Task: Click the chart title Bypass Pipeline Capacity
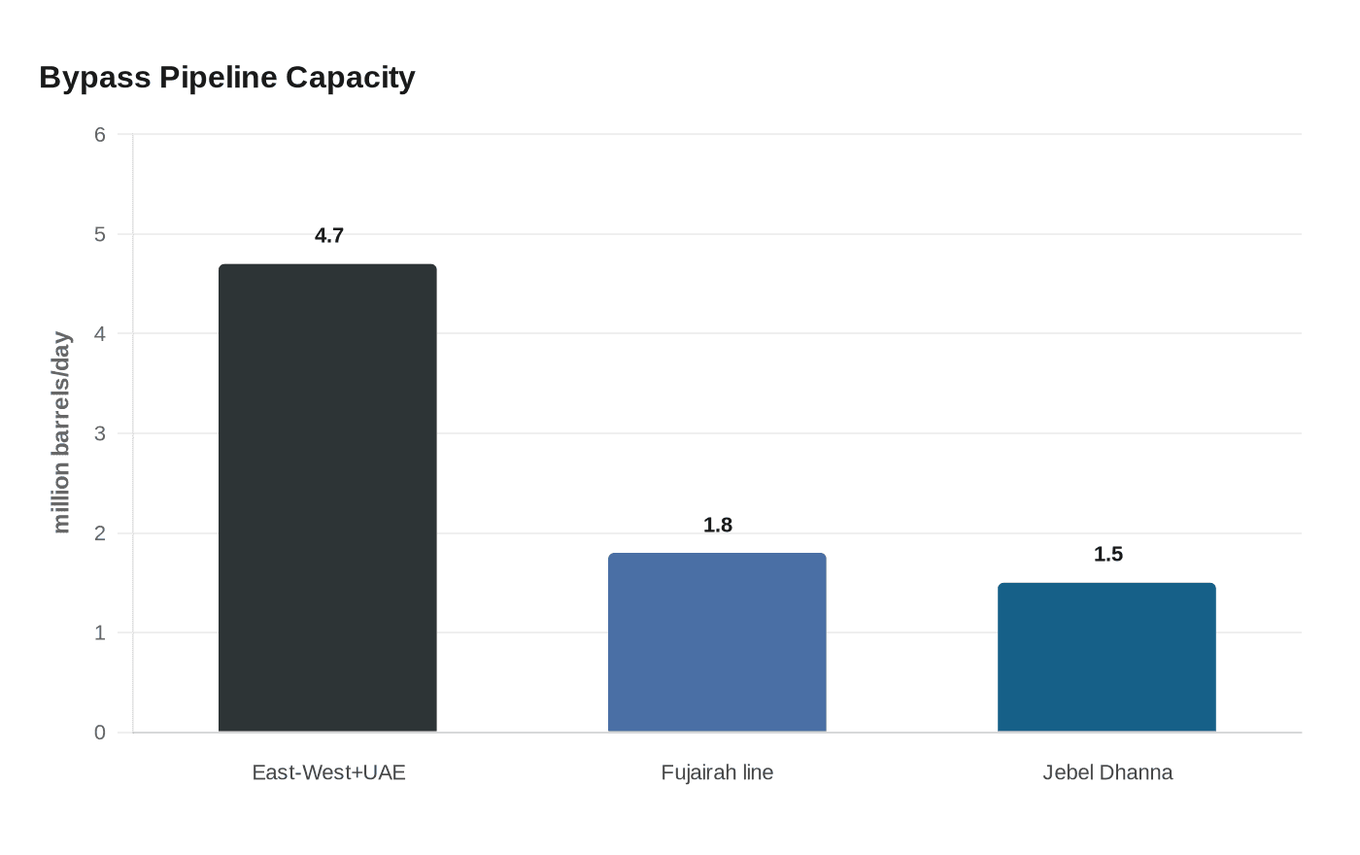[x=227, y=77]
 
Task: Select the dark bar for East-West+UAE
[x=327, y=497]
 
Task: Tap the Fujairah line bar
[x=717, y=642]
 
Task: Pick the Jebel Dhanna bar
[x=1106, y=657]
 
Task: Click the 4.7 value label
[x=329, y=235]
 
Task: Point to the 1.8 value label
[x=718, y=525]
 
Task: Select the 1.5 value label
[x=1108, y=554]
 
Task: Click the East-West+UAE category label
[x=328, y=772]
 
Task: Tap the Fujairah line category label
[x=717, y=772]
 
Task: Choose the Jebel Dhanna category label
[x=1107, y=772]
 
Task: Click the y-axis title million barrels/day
[x=61, y=432]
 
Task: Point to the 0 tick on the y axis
[x=100, y=733]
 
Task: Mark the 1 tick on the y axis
[x=100, y=633]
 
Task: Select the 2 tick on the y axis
[x=100, y=533]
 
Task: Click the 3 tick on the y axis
[x=100, y=433]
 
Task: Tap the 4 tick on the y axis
[x=100, y=333]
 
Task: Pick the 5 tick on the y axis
[x=100, y=234]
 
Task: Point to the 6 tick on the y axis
[x=100, y=134]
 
